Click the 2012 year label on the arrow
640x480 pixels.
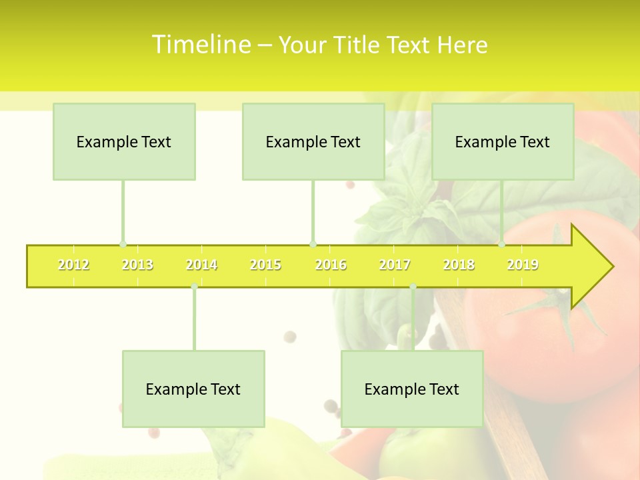pyautogui.click(x=73, y=265)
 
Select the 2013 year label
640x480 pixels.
pyautogui.click(x=137, y=265)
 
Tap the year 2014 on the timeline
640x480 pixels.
pyautogui.click(x=201, y=265)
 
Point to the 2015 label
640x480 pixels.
pyautogui.click(x=265, y=265)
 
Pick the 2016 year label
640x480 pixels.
pyautogui.click(x=331, y=265)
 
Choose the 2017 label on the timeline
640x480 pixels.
pyautogui.click(x=395, y=265)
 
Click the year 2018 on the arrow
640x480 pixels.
pyautogui.click(x=459, y=265)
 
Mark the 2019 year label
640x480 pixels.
pyautogui.click(x=523, y=265)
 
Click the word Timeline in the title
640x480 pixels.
pyautogui.click(x=200, y=45)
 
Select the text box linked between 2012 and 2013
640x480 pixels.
pyautogui.click(x=124, y=142)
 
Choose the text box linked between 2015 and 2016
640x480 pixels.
pyautogui.click(x=313, y=142)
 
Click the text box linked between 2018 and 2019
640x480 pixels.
pyautogui.click(x=503, y=142)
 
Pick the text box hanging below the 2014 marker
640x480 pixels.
pyautogui.click(x=193, y=389)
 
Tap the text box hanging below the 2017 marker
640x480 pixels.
pyautogui.click(x=412, y=389)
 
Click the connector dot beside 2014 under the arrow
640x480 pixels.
pyautogui.click(x=194, y=287)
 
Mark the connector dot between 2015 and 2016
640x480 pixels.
pyautogui.click(x=313, y=245)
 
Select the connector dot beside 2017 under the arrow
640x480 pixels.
pyautogui.click(x=413, y=287)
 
